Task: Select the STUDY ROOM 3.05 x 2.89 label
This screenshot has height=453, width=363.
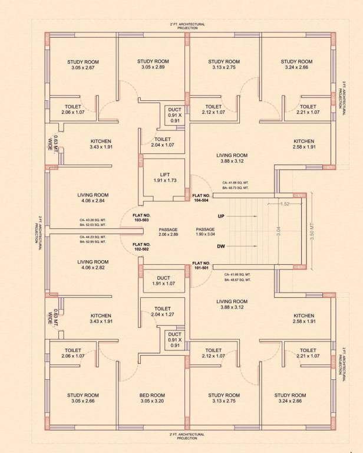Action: point(153,65)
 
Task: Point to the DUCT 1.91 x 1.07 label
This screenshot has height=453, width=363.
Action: point(163,281)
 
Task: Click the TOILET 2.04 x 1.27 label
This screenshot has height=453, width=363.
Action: point(162,312)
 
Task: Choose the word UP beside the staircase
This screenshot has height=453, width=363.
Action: point(221,216)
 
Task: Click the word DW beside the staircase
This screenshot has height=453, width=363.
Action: point(221,247)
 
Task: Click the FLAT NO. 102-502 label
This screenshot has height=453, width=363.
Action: point(141,247)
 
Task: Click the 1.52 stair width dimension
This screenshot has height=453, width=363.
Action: point(285,203)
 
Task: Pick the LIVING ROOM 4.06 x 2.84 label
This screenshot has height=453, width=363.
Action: point(93,198)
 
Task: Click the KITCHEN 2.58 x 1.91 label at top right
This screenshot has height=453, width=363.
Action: point(303,145)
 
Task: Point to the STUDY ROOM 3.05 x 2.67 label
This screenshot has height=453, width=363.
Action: point(82,65)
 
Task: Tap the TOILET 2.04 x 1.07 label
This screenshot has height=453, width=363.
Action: point(162,142)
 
